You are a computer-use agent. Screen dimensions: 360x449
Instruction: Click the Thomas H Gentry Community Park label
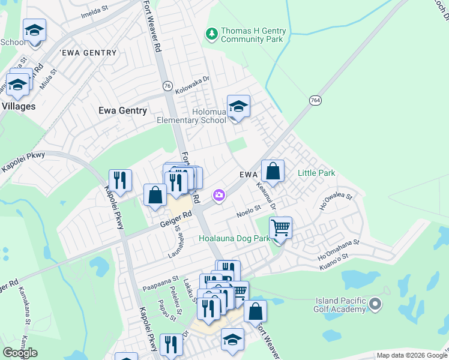pyautogui.click(x=253, y=35)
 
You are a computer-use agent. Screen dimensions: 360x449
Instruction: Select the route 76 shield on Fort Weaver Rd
pyautogui.click(x=167, y=86)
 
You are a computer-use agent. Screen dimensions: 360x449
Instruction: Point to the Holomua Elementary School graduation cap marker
pyautogui.click(x=238, y=108)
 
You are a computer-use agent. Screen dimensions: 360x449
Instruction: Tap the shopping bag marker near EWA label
pyautogui.click(x=273, y=172)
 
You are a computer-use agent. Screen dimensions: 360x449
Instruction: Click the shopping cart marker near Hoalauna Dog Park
pyautogui.click(x=280, y=229)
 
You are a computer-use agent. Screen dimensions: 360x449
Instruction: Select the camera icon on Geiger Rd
pyautogui.click(x=218, y=195)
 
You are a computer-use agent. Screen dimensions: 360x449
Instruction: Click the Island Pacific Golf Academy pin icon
pyautogui.click(x=376, y=304)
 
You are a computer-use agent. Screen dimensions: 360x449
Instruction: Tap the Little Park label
pyautogui.click(x=316, y=173)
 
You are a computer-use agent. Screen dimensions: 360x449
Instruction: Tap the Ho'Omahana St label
pyautogui.click(x=337, y=245)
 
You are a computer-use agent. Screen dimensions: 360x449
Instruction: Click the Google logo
pyautogui.click(x=20, y=353)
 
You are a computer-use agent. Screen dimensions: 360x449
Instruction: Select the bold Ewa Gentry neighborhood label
pyautogui.click(x=122, y=110)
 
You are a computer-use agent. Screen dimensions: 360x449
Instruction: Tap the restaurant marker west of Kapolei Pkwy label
pyautogui.click(x=120, y=181)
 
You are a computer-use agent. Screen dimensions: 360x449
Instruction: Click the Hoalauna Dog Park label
pyautogui.click(x=234, y=238)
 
